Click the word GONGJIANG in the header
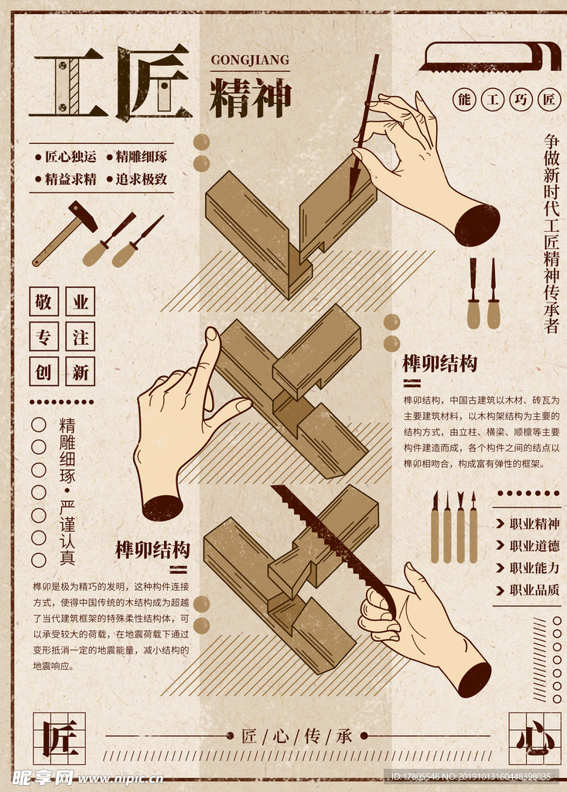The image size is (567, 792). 250,60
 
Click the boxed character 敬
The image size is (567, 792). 44,302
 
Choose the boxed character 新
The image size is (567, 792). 80,372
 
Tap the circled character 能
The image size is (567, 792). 464,100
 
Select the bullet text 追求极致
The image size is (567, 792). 141,179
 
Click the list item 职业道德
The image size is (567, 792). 534,546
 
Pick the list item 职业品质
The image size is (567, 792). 534,589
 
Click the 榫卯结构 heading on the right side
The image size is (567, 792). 440,364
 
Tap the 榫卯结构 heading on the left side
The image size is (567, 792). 152,550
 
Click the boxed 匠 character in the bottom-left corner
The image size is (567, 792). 59,739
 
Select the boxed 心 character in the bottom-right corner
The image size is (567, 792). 535,739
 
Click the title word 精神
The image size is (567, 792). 250,98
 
